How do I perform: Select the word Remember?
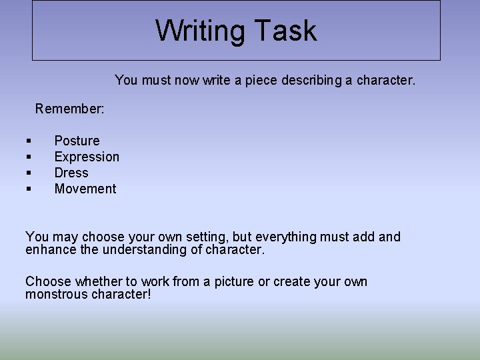(69, 108)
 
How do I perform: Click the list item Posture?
(77, 141)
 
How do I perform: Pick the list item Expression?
(87, 157)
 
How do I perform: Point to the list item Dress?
(71, 173)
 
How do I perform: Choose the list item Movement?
(85, 189)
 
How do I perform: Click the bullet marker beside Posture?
(29, 141)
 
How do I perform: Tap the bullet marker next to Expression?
(29, 157)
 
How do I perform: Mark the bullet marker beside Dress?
(29, 173)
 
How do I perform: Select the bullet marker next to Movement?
(29, 189)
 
